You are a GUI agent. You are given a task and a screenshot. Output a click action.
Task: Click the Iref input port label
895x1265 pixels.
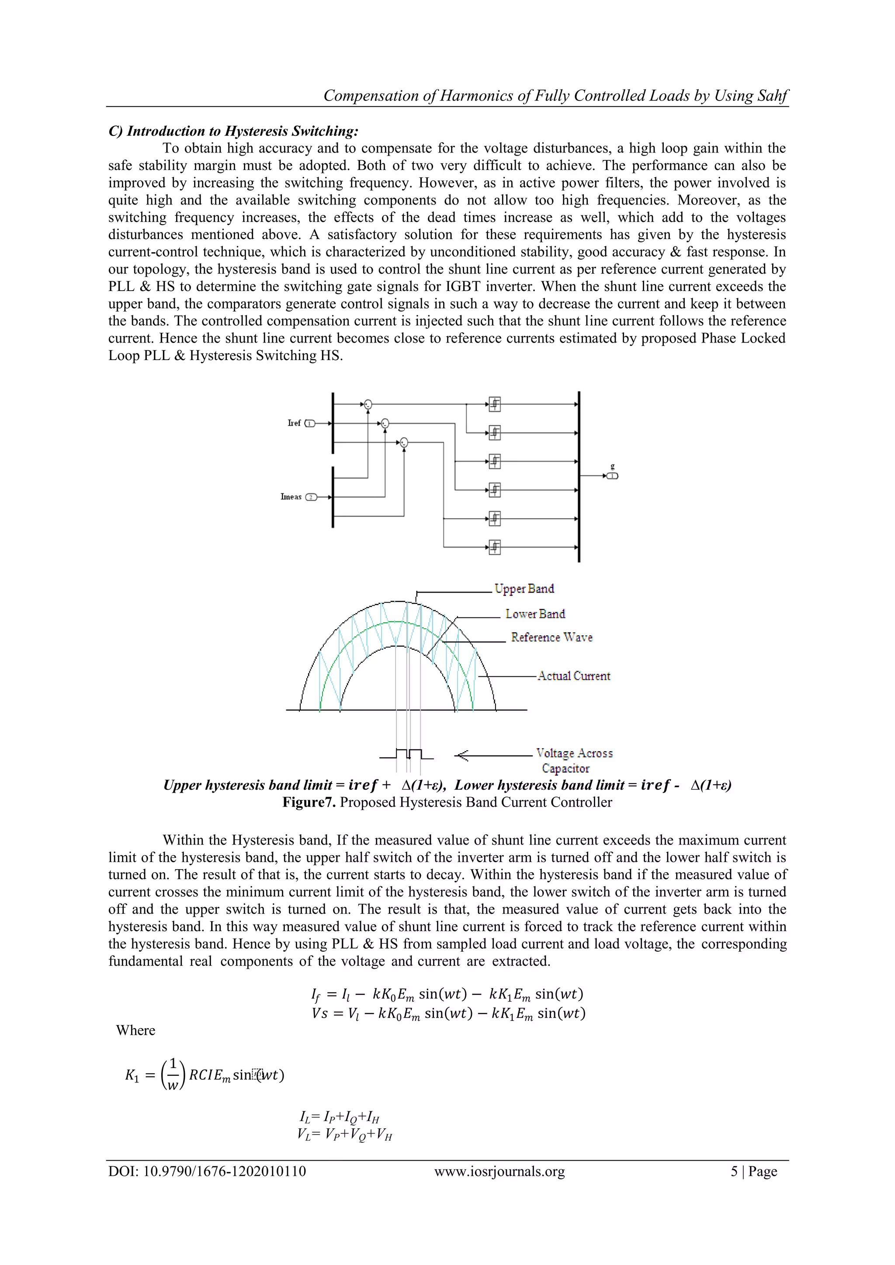coord(294,423)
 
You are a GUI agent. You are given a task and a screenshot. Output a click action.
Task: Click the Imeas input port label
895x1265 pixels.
coord(291,497)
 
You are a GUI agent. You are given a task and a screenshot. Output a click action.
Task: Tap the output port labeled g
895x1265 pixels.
coord(612,475)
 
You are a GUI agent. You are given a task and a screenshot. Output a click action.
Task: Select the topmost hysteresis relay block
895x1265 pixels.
coord(495,404)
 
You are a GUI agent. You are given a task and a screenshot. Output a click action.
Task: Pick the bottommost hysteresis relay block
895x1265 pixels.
coord(495,547)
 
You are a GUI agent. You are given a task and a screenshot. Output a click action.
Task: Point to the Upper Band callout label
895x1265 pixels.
coord(524,589)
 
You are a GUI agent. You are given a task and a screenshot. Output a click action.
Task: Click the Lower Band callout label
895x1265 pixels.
coord(535,614)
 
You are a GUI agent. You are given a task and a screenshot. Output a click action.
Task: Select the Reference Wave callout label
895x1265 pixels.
coord(552,638)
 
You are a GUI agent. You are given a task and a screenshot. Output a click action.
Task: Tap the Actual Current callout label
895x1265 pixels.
coord(574,676)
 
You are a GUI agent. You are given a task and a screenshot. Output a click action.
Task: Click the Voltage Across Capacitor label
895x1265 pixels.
coord(574,760)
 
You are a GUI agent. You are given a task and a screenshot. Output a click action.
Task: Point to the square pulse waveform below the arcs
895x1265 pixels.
coord(408,754)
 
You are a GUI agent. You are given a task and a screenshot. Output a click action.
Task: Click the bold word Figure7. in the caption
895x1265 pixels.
coord(309,802)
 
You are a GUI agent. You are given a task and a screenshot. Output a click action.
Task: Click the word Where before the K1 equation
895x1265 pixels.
coord(135,1030)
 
